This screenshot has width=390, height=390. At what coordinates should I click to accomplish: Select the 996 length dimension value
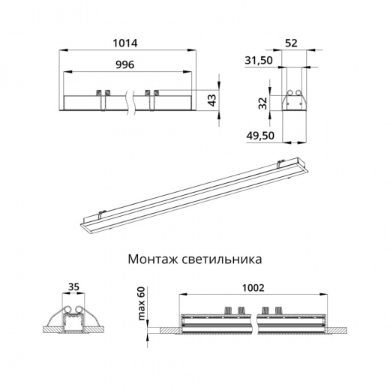coord(124,65)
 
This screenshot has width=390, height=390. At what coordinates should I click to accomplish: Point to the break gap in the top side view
coord(134,101)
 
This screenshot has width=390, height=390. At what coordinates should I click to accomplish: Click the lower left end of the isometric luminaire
coord(84,223)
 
